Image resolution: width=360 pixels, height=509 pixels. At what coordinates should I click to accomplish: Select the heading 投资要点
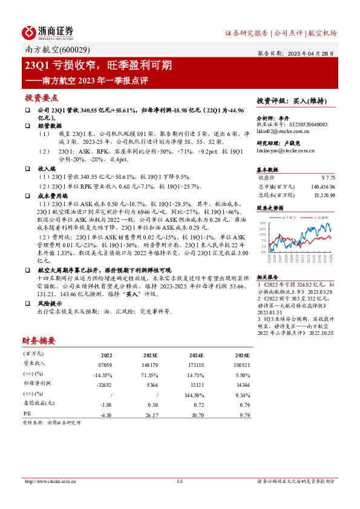coord(42,97)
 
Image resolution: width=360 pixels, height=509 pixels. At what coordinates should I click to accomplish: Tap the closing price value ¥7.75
coord(327,178)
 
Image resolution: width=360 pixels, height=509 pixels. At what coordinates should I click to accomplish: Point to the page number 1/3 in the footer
coord(180,481)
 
